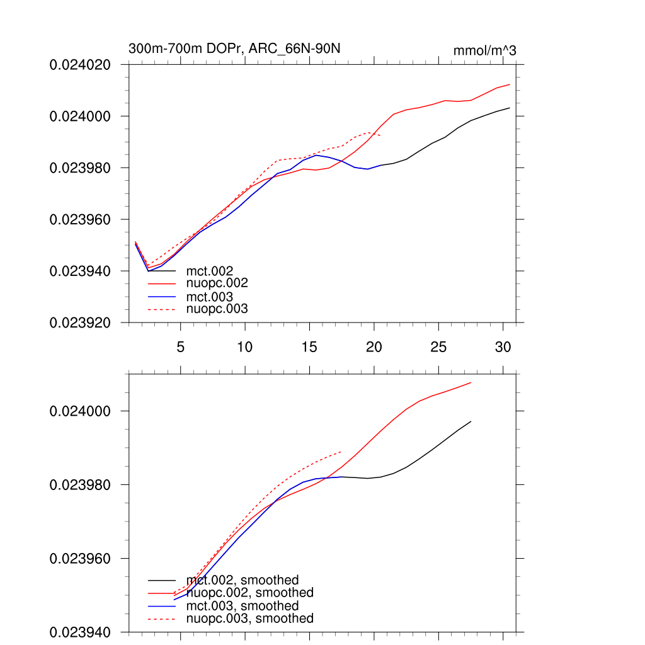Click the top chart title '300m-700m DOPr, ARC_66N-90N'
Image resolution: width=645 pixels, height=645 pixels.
235,49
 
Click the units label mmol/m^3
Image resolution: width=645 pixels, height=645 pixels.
484,50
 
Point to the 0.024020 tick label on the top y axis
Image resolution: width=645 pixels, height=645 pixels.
80,65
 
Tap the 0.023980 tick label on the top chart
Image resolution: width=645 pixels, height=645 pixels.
80,168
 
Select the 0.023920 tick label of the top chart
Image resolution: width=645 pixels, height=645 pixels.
80,323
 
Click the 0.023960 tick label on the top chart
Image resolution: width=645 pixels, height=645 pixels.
80,220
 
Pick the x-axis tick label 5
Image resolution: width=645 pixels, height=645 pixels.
181,347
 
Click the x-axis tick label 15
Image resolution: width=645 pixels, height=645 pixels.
309,347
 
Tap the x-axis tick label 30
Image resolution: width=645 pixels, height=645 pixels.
503,347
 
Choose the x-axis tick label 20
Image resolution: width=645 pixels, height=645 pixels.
374,347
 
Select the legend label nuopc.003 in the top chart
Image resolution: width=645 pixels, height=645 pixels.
217,309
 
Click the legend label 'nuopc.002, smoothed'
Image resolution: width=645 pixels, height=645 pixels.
250,593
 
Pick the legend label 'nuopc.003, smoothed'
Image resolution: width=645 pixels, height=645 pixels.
250,619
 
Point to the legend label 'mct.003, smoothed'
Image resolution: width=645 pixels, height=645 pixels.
243,606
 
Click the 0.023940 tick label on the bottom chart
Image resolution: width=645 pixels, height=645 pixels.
80,632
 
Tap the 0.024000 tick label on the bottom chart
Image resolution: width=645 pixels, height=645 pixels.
80,411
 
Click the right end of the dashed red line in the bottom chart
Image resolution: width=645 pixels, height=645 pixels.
341,452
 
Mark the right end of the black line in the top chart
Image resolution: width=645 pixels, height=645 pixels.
509,108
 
